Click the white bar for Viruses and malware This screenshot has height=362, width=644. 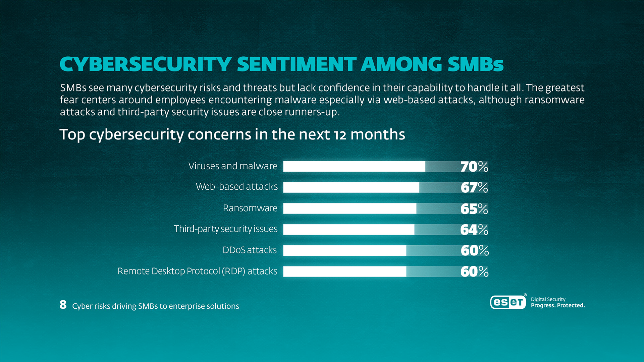[x=354, y=166]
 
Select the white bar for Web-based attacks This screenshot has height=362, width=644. [x=351, y=187]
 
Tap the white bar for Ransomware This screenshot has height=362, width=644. [x=350, y=208]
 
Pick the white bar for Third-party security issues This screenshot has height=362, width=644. [x=348, y=230]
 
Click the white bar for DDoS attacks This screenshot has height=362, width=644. [x=344, y=250]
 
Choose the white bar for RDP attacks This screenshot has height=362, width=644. [x=344, y=271]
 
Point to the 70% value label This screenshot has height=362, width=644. [x=474, y=167]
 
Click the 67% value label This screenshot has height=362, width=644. [x=474, y=187]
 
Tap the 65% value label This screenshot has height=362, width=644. [x=474, y=209]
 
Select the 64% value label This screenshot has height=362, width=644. [x=474, y=230]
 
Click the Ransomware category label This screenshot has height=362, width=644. [x=250, y=208]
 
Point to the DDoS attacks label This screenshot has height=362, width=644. [x=250, y=250]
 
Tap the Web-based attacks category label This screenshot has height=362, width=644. [x=236, y=186]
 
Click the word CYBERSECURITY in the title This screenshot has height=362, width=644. [x=146, y=64]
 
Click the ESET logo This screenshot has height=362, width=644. [x=508, y=302]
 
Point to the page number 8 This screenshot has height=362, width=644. [x=63, y=305]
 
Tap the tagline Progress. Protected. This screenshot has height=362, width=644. [x=557, y=305]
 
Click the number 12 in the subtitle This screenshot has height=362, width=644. [x=340, y=135]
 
